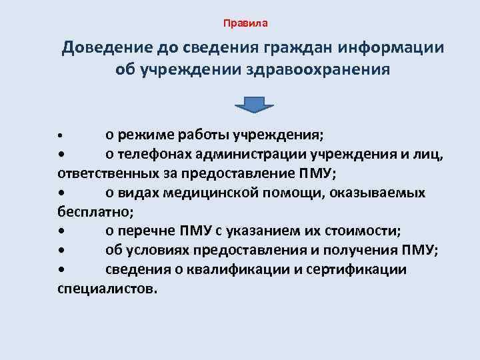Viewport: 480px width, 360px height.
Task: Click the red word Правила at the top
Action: coord(245,23)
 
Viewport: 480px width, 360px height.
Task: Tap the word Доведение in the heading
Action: coord(107,49)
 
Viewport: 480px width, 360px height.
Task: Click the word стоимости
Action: coord(361,231)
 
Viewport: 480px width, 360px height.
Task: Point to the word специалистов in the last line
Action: coord(105,289)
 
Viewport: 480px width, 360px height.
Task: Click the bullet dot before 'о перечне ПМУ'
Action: coord(61,232)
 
